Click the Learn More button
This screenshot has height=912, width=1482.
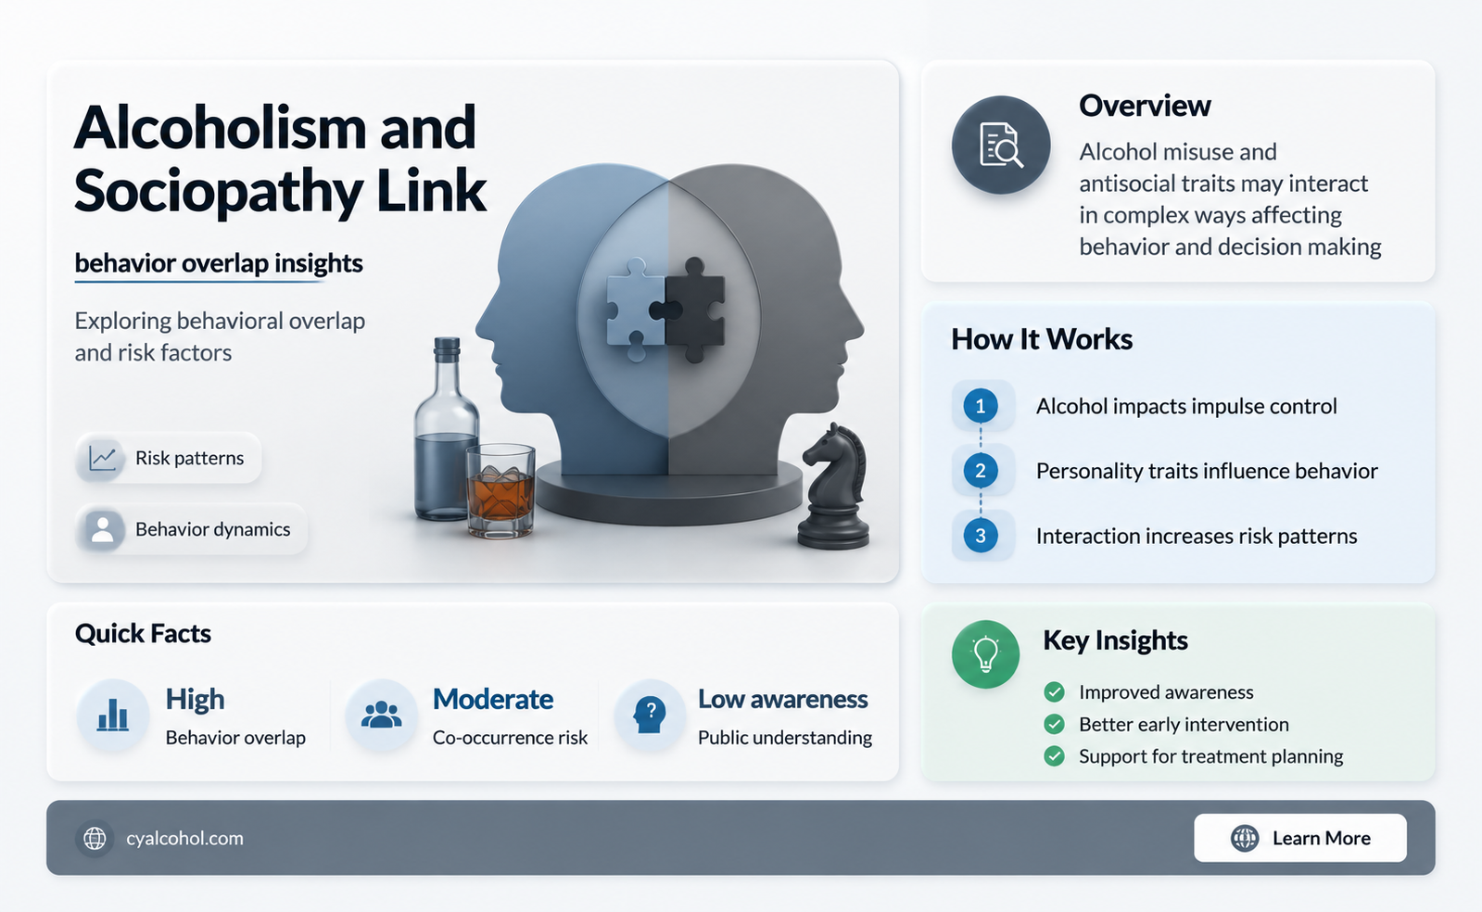point(1300,838)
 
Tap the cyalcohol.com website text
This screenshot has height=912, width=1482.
point(184,839)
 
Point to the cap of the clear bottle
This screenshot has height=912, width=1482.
point(447,349)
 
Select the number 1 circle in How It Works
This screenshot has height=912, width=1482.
point(981,406)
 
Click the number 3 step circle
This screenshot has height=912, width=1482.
point(981,536)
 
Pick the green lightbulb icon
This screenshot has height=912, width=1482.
point(985,654)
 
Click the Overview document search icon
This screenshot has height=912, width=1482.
point(1001,145)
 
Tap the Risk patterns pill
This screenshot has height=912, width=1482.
point(168,458)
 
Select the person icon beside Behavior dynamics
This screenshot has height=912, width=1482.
point(102,529)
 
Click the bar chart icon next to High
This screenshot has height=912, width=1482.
point(113,715)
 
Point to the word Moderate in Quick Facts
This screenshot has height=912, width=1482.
point(493,699)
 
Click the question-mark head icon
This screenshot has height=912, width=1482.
point(650,715)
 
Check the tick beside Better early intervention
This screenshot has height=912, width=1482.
point(1054,724)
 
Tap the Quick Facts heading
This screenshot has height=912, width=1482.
point(143,633)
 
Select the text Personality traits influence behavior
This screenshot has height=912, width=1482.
point(1207,471)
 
